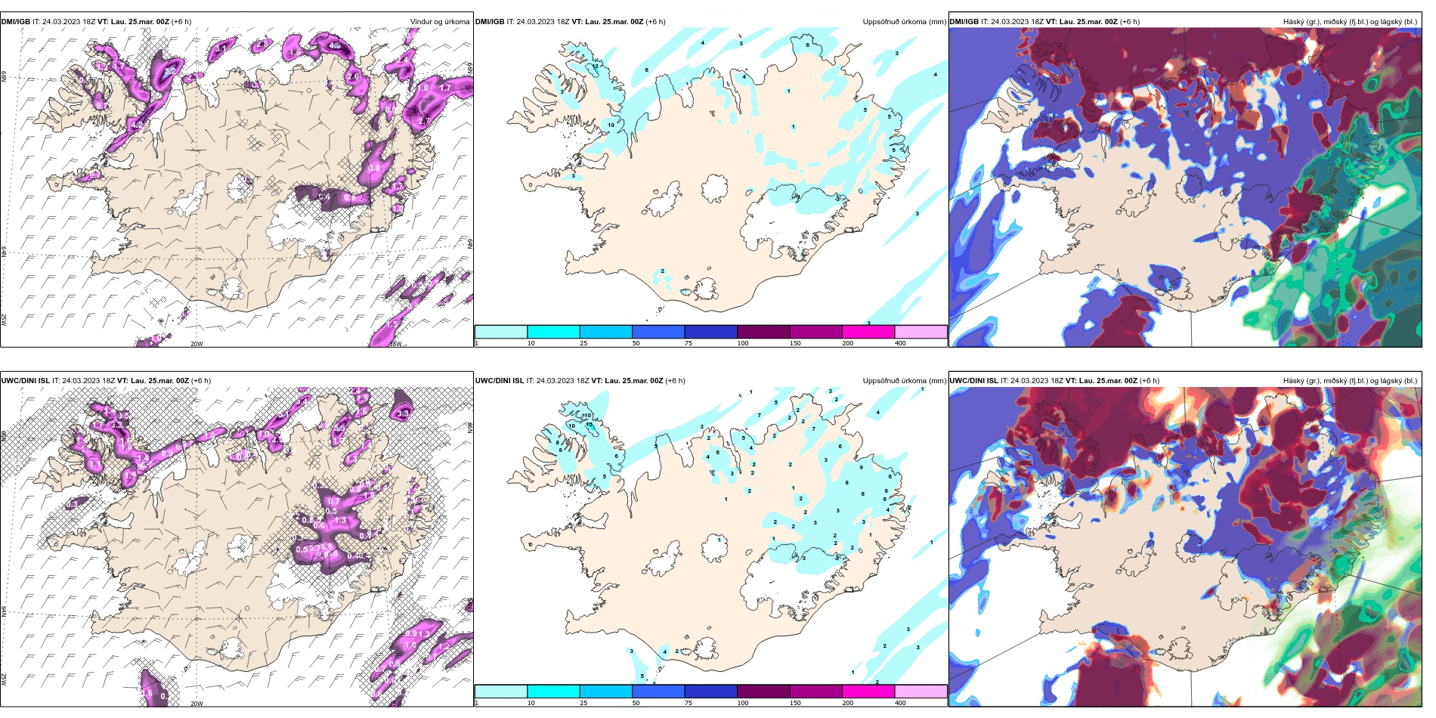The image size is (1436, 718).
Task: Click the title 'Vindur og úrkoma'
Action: (x=439, y=22)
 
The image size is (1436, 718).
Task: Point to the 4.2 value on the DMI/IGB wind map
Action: (x=137, y=124)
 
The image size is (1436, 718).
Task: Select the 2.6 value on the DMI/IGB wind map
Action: (x=353, y=76)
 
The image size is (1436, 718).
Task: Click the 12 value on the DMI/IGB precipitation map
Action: (x=596, y=67)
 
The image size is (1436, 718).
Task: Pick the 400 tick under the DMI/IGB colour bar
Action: (x=900, y=343)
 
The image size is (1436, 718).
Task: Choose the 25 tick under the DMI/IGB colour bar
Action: (x=583, y=343)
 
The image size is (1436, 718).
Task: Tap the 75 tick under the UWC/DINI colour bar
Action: (x=689, y=703)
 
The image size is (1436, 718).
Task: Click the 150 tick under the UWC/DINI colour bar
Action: (x=795, y=703)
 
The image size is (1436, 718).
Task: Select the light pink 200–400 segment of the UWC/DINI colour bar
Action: (x=921, y=692)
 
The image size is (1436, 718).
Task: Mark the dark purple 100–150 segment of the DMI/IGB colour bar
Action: (x=763, y=332)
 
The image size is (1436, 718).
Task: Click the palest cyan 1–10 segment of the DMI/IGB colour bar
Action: (x=501, y=332)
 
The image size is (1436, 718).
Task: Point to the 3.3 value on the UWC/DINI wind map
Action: (x=403, y=413)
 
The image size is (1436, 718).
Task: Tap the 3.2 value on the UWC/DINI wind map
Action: (x=116, y=426)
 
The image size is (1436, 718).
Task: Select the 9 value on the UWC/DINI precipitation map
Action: (x=861, y=468)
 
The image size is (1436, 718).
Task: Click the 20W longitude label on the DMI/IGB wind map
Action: (x=197, y=344)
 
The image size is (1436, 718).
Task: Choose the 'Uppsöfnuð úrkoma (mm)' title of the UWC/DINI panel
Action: (x=904, y=381)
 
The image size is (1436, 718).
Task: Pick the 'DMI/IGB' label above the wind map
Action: (x=16, y=22)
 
